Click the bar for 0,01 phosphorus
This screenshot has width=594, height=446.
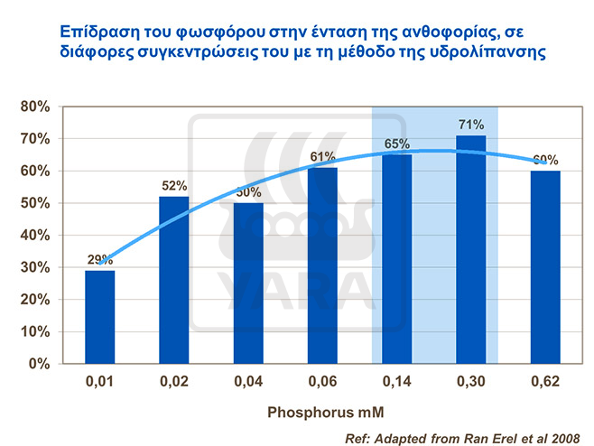pos(100,317)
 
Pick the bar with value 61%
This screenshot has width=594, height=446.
pos(322,265)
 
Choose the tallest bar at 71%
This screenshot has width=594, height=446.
pos(471,249)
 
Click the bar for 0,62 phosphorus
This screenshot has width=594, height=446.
pos(545,267)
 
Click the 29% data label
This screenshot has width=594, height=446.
pos(100,260)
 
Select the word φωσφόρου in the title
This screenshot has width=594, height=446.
pos(169,30)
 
